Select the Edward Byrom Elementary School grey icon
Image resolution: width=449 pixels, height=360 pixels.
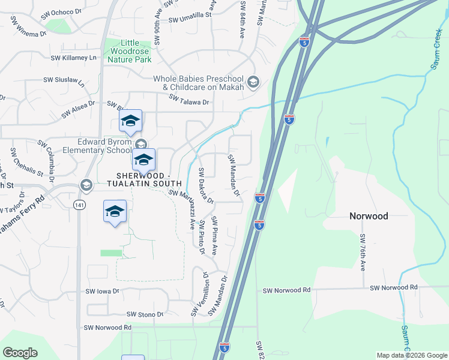pos(141,144)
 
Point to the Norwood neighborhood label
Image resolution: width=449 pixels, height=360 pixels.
pos(369,216)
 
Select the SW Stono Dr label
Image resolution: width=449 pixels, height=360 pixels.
pos(145,314)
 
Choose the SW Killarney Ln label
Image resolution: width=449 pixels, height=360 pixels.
pos(74,58)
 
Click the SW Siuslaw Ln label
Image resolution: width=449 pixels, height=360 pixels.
pos(63,79)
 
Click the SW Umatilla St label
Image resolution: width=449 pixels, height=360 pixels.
pos(191,19)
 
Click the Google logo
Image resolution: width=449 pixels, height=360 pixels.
pos(20,353)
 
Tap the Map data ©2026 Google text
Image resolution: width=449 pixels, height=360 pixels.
pos(411,355)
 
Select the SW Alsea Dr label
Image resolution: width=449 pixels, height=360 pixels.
pos(77,107)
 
